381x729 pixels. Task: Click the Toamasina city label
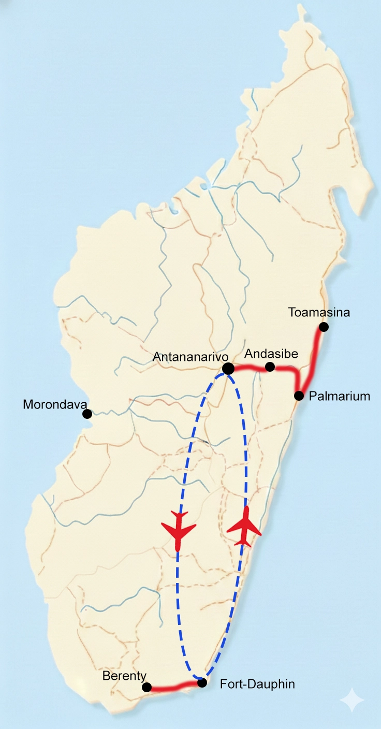[x=319, y=313]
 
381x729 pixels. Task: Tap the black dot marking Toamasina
[x=324, y=327]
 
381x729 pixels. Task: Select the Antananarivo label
[x=191, y=357]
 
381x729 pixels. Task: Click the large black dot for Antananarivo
[x=228, y=369]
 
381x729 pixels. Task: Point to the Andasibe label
[x=271, y=354]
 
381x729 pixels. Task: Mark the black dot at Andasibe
[x=270, y=367]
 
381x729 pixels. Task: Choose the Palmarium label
[x=340, y=397]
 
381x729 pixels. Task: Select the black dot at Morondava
[x=87, y=414]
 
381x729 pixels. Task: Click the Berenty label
[x=124, y=676]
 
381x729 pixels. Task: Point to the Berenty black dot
[x=146, y=687]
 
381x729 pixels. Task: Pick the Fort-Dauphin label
[x=257, y=684]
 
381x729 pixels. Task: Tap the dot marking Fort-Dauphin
[x=202, y=682]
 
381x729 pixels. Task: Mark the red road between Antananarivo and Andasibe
[x=249, y=368]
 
